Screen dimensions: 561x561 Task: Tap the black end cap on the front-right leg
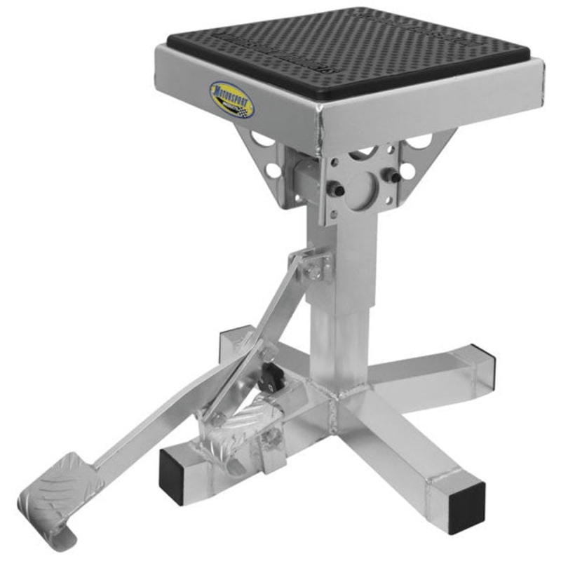tap(466, 507)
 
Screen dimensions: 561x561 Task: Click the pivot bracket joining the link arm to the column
tap(314, 265)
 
